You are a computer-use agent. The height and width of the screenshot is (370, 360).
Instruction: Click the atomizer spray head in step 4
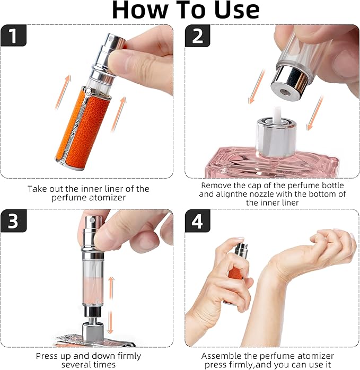(x=241, y=249)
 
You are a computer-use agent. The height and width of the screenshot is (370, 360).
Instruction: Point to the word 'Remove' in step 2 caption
(x=216, y=185)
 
